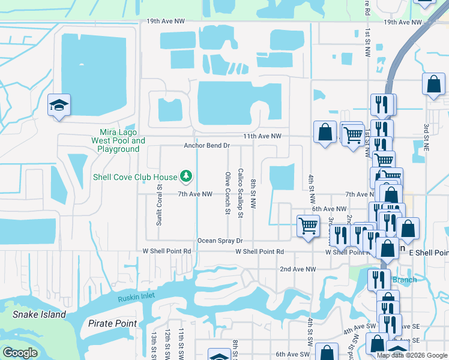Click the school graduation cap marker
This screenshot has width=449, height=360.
[59, 106]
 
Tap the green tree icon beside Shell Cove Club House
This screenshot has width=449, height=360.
[187, 176]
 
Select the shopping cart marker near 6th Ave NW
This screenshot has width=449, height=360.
[308, 226]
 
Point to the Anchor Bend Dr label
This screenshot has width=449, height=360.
[207, 145]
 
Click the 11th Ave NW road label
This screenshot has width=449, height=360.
[262, 136]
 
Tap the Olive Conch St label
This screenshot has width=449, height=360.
[228, 193]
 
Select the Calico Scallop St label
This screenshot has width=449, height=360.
[241, 191]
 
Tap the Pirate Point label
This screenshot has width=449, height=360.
[112, 323]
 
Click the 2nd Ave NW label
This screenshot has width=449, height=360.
[298, 269]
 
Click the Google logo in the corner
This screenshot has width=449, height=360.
[20, 353]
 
